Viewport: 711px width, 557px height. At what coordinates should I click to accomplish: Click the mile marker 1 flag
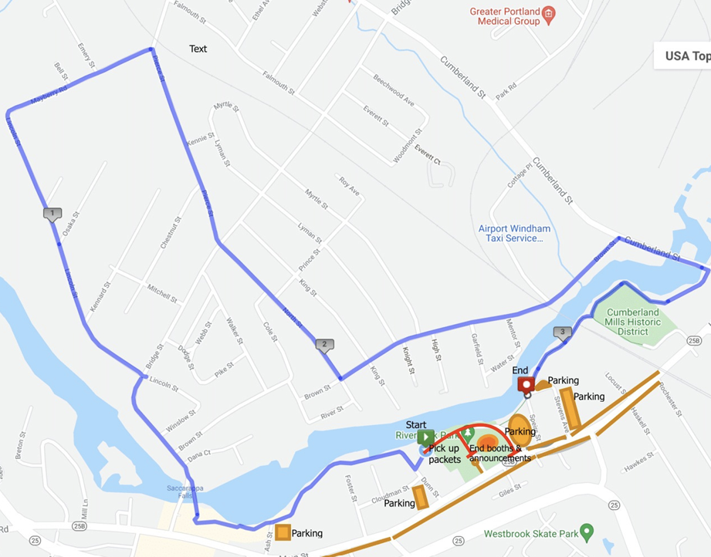(x=52, y=214)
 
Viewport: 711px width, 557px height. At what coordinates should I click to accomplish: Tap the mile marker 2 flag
(x=325, y=345)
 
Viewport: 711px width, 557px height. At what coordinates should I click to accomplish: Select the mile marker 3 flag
(x=563, y=333)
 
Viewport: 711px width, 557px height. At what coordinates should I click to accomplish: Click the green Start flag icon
(x=425, y=436)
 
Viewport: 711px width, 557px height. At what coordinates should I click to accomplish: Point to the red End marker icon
(x=526, y=384)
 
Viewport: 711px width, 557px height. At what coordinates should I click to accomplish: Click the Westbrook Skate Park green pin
(x=587, y=532)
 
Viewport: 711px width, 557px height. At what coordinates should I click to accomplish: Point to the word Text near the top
(x=198, y=49)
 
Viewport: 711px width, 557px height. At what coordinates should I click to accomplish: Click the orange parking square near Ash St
(x=283, y=532)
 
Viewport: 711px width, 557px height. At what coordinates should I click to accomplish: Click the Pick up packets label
(x=444, y=454)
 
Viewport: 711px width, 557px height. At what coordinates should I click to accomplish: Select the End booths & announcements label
(x=499, y=453)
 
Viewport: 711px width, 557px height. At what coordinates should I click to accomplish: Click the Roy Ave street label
(x=349, y=186)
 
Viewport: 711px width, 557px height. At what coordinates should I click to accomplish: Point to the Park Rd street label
(x=506, y=91)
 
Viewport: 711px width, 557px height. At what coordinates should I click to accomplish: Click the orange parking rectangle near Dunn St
(x=422, y=498)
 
